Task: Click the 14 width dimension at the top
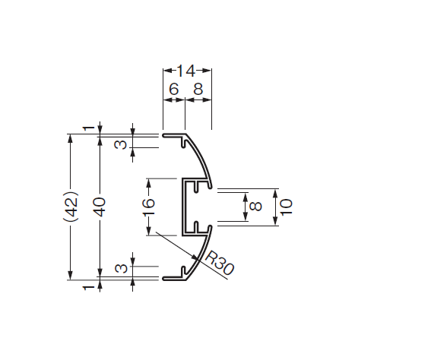pos(186,71)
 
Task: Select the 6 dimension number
pos(174,90)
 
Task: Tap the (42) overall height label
pos(71,207)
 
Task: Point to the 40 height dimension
pos(100,207)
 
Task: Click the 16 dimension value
pos(149,207)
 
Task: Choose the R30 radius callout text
pos(219,263)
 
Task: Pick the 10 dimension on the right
pos(286,207)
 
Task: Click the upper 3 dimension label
pos(121,144)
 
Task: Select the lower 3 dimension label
pos(121,268)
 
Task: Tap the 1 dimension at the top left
pos(88,128)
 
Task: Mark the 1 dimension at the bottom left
pos(88,288)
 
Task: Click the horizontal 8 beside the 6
pos(198,90)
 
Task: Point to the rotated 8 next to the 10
pos(256,207)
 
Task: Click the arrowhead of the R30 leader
pos(195,258)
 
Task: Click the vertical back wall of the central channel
pos(183,207)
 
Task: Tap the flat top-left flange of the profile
pos(174,135)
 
